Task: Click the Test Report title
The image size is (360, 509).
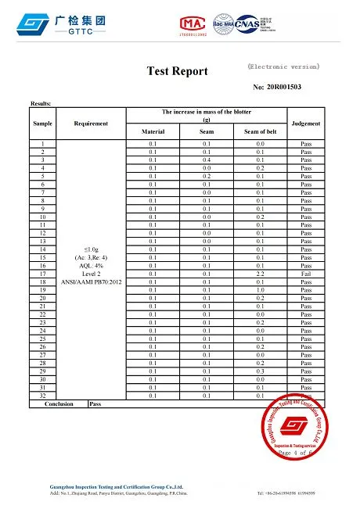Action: pos(178,71)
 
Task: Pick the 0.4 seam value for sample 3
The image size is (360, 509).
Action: pos(207,160)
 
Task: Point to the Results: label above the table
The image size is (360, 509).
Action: pos(41,103)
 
